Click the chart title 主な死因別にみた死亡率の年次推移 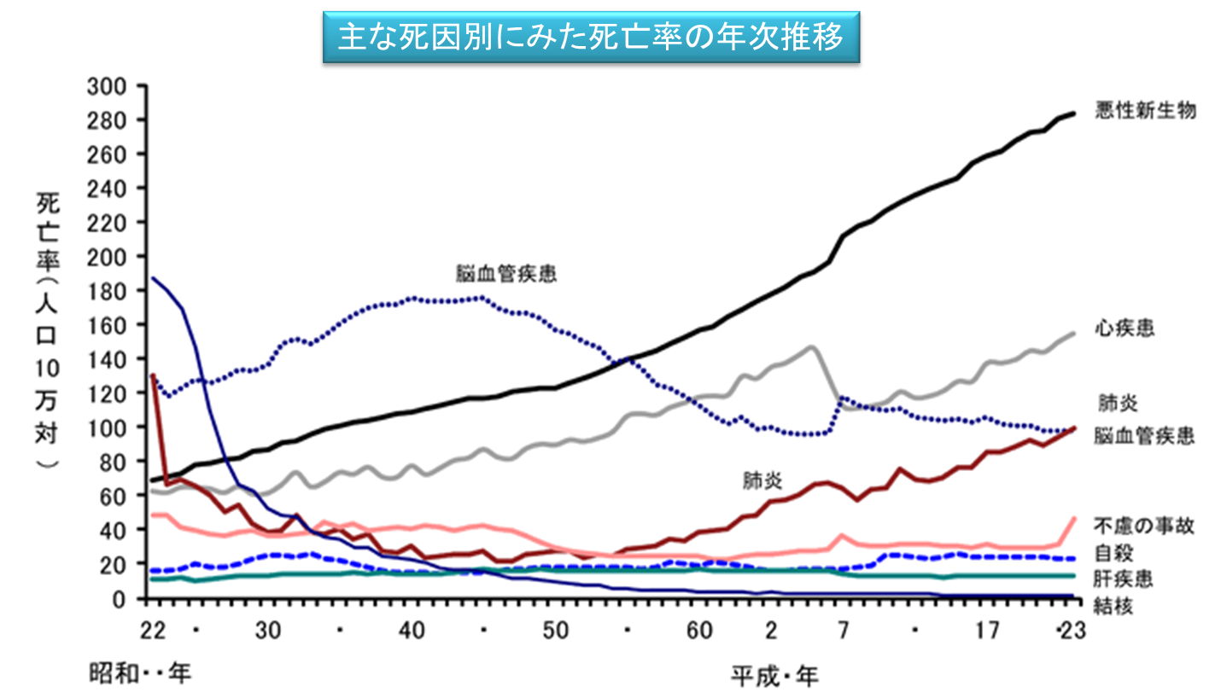[591, 38]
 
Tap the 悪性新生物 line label [1145, 111]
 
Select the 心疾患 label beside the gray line [1125, 329]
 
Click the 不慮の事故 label [1145, 526]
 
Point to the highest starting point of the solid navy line [152, 278]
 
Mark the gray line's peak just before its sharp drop [810, 346]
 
